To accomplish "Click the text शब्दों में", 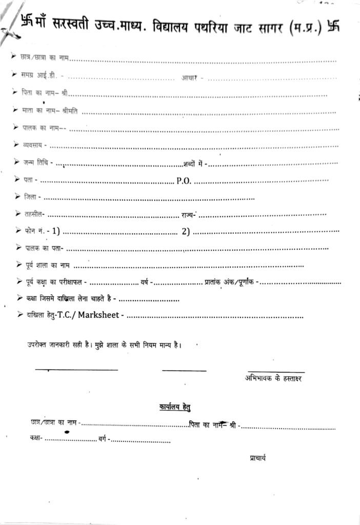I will tap(194, 164).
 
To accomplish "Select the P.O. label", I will tap(184, 180).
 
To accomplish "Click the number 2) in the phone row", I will tap(186, 231).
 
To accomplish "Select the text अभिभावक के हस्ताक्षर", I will tap(274, 378).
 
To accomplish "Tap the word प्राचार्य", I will tap(254, 458).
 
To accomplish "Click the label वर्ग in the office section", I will tap(102, 439).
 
